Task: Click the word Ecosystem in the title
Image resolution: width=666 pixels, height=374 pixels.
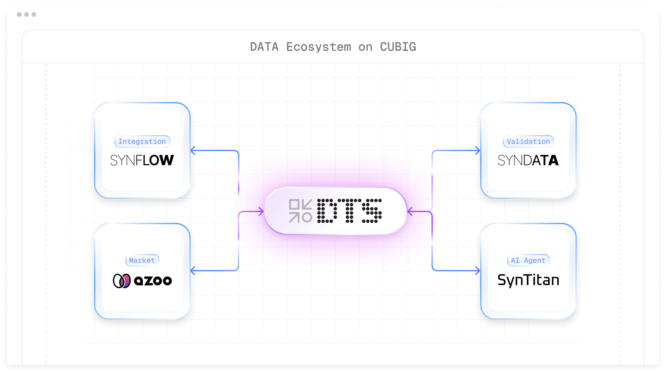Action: click(x=319, y=47)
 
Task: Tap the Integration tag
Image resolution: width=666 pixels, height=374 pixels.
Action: click(x=142, y=141)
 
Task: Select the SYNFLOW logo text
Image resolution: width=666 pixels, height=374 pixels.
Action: click(x=142, y=160)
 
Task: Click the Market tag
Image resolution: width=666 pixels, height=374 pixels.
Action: click(x=142, y=260)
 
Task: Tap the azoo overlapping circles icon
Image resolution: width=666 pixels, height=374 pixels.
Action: click(x=122, y=281)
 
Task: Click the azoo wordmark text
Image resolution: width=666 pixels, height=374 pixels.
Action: click(x=153, y=281)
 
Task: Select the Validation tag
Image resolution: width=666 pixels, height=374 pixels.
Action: click(x=528, y=141)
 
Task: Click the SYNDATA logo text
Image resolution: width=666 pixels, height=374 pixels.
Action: click(x=528, y=160)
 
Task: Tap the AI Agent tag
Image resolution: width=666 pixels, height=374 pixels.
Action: click(x=528, y=260)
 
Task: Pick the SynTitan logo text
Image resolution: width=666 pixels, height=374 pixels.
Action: click(x=528, y=280)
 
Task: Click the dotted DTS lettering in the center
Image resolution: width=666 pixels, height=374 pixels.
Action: click(x=349, y=211)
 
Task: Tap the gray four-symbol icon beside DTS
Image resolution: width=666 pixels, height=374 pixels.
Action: click(x=300, y=211)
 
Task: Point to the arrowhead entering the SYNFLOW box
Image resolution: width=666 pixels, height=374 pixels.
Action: click(x=193, y=150)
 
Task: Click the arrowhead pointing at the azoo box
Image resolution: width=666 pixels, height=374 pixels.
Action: click(x=193, y=271)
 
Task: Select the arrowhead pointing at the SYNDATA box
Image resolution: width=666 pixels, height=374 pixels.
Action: click(x=478, y=150)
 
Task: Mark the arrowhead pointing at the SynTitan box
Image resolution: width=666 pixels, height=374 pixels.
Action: click(x=478, y=271)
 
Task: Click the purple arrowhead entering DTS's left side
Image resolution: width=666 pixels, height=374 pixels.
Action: click(x=261, y=211)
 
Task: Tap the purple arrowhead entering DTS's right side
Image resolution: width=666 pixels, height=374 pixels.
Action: click(x=410, y=211)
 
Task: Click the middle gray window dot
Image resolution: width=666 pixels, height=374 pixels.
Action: click(x=27, y=15)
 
